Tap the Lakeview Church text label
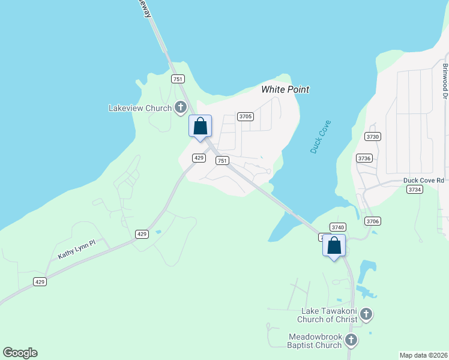(140, 108)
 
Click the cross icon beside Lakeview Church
(180, 108)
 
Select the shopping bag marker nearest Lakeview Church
(200, 127)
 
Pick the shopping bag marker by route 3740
(334, 245)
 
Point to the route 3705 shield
(245, 116)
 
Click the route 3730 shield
(373, 137)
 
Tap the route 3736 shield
(364, 158)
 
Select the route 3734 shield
(415, 190)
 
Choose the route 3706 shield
(373, 221)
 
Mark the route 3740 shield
(338, 227)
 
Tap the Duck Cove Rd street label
(424, 180)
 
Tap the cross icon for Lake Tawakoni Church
(366, 314)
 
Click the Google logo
(20, 353)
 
